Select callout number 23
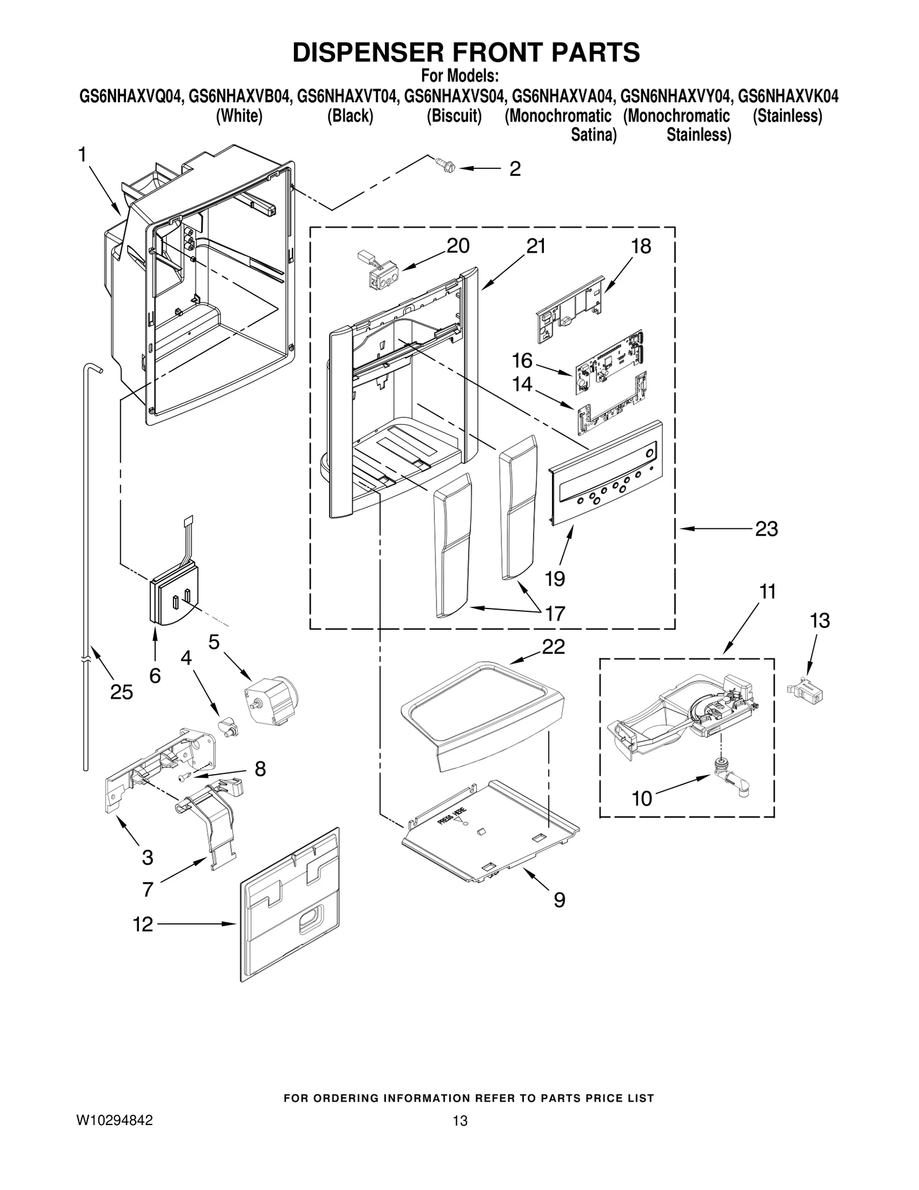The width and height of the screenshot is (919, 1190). tap(766, 529)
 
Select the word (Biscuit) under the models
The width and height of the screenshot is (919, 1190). tap(454, 116)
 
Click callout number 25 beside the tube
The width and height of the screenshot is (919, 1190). tap(121, 692)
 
